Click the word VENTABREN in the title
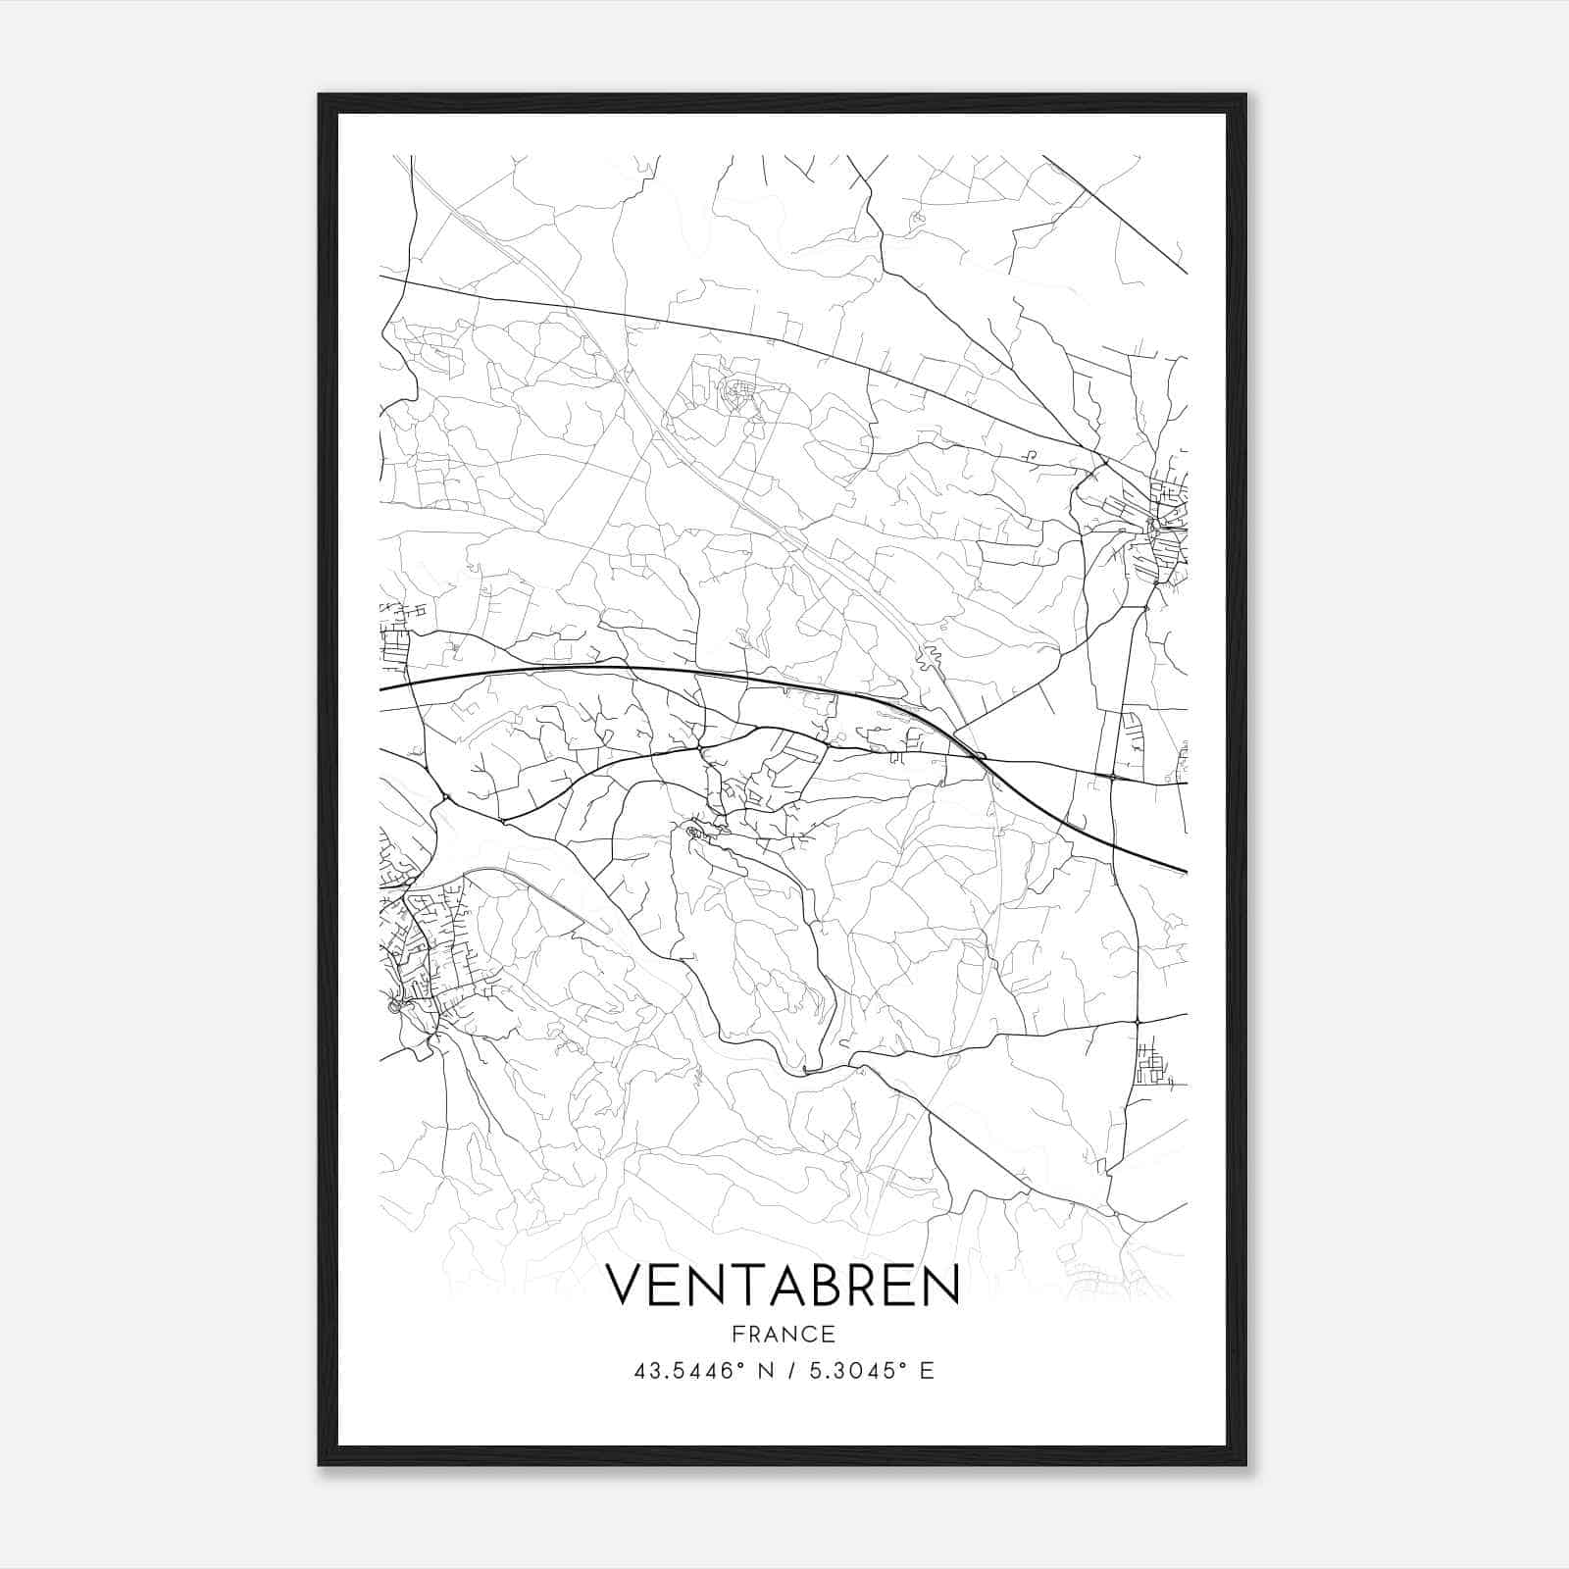(x=783, y=1286)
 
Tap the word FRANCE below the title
(x=783, y=1335)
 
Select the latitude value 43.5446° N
(x=705, y=1371)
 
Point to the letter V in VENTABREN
(x=626, y=1286)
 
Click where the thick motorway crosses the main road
(x=979, y=755)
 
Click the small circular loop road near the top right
(x=918, y=219)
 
